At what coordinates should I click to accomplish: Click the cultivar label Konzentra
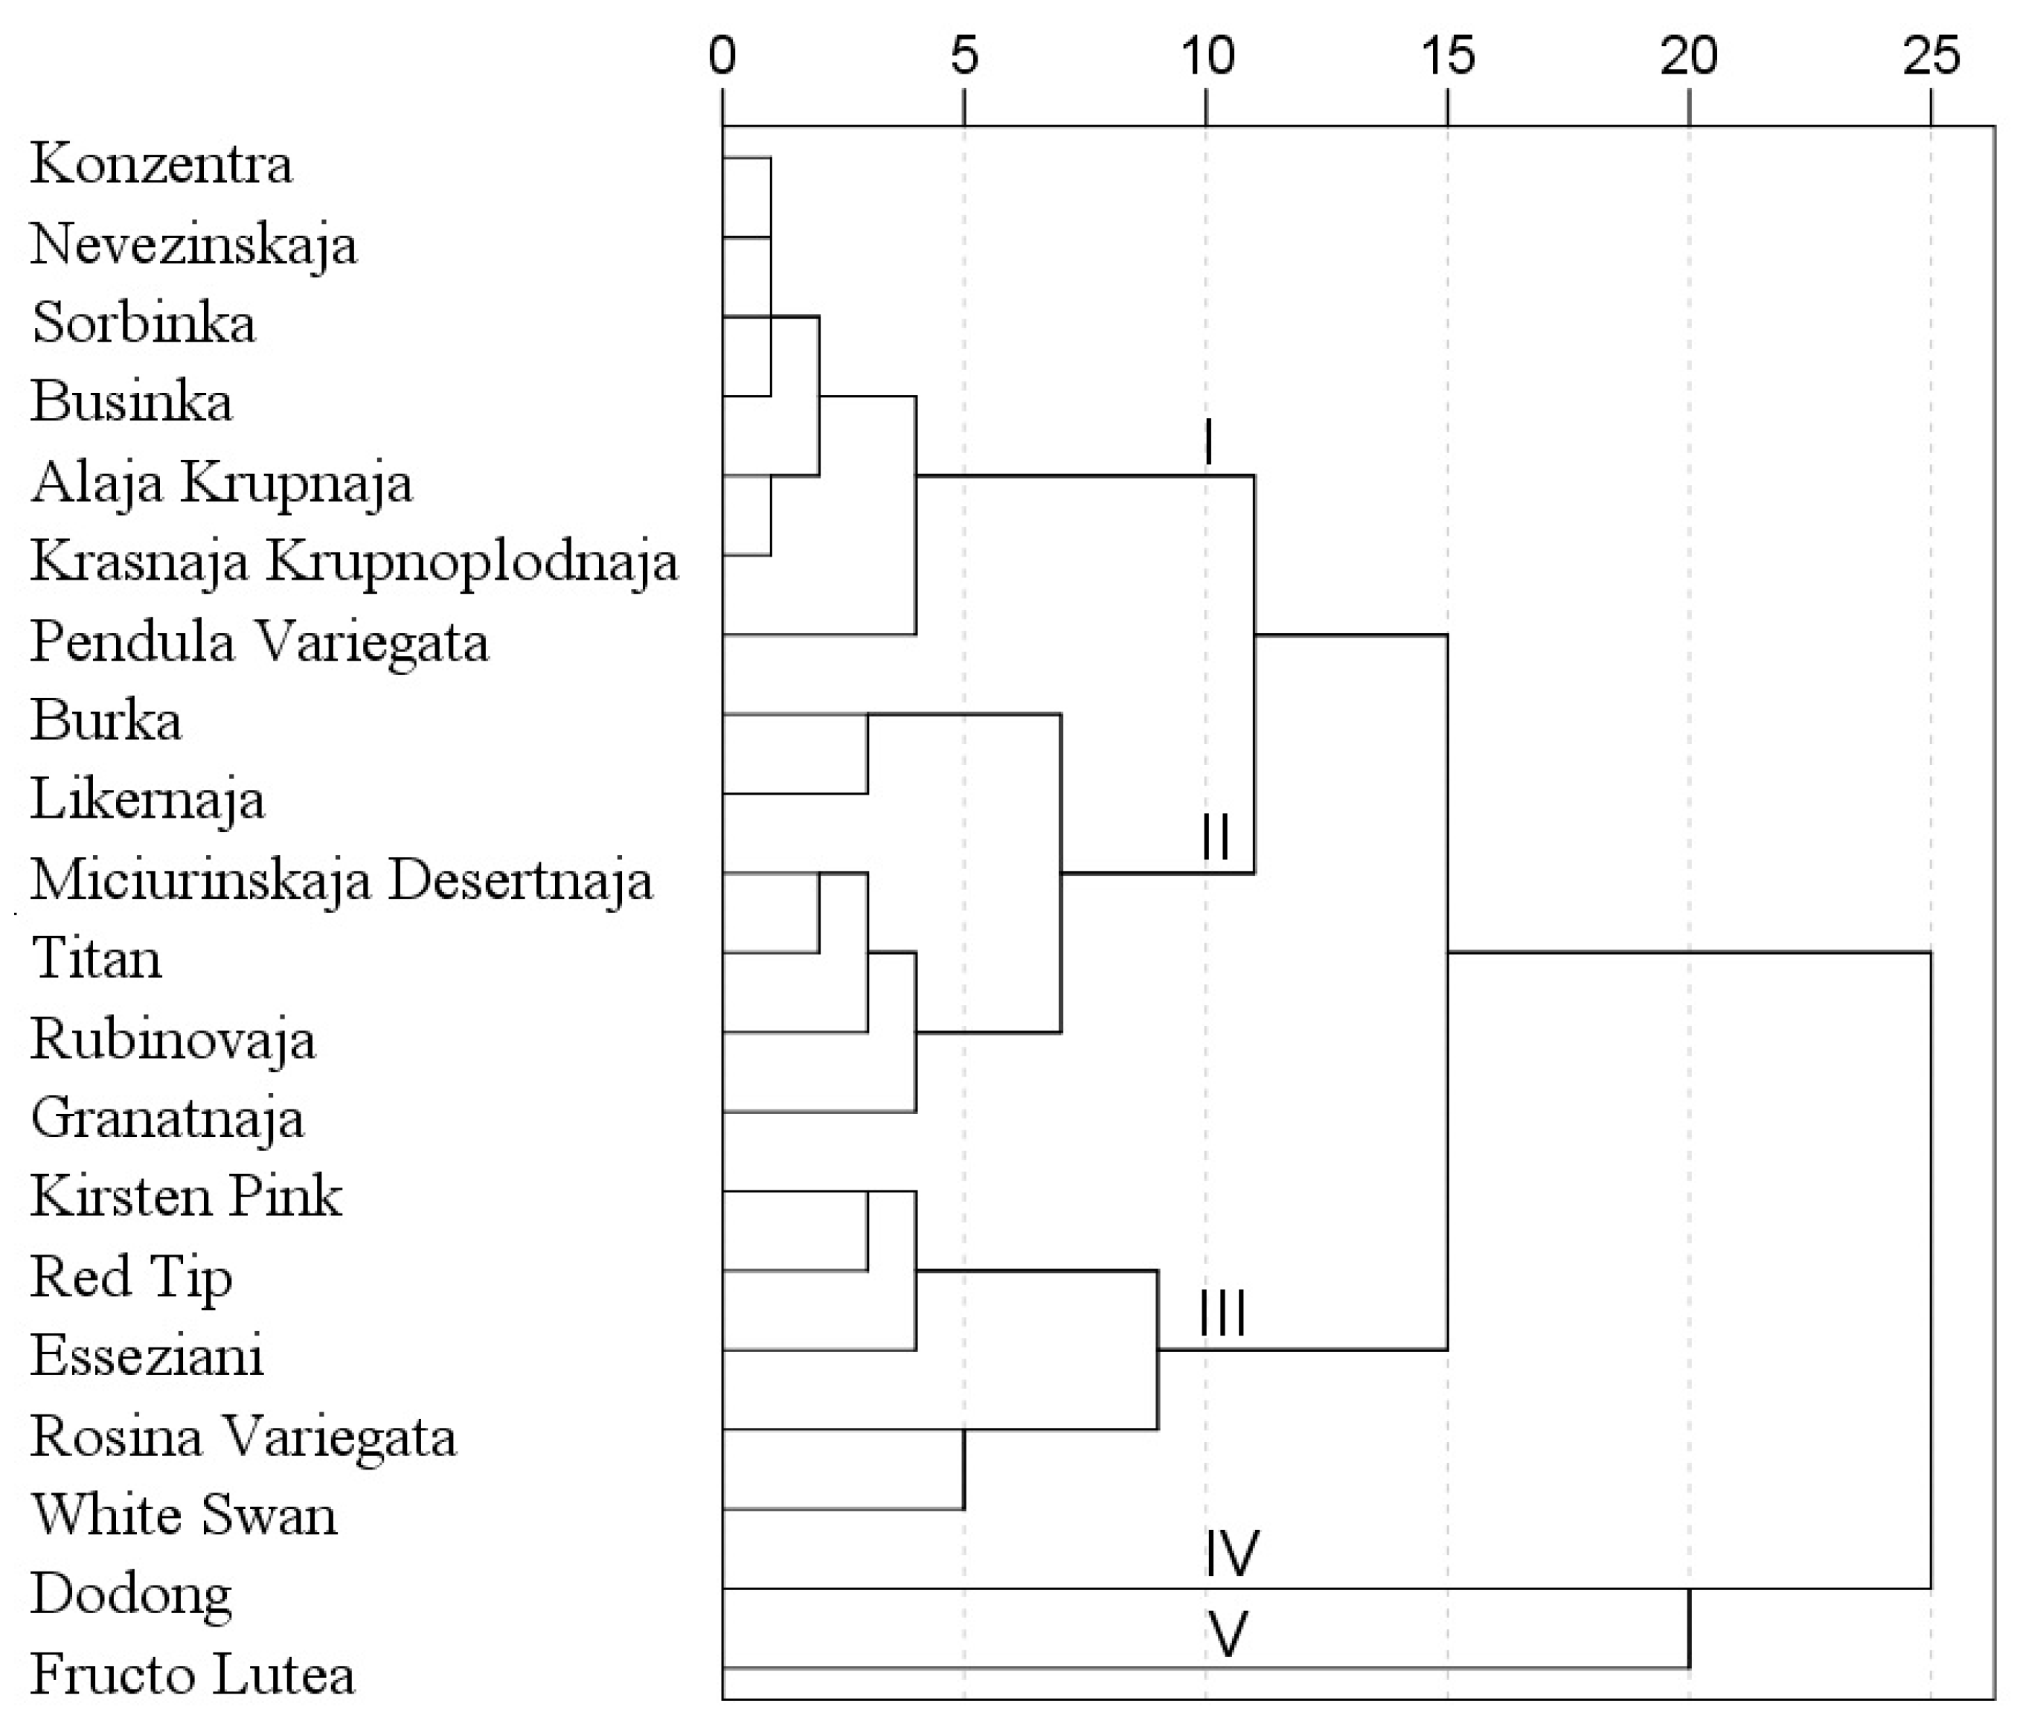coord(161,164)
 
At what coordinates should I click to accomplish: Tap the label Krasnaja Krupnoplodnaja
coord(354,563)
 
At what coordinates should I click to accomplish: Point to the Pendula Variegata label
coord(260,642)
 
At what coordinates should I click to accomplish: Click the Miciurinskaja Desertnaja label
coord(341,880)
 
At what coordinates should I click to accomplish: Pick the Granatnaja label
coord(167,1118)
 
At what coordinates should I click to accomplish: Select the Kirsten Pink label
coord(186,1196)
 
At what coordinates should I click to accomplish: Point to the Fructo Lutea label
coord(193,1674)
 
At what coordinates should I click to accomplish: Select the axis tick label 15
coord(1448,57)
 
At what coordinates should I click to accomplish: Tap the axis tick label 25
coord(1931,57)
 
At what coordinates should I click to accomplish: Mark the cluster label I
coord(1208,444)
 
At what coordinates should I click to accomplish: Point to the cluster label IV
coord(1231,1554)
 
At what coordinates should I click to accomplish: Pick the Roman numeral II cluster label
coord(1215,838)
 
